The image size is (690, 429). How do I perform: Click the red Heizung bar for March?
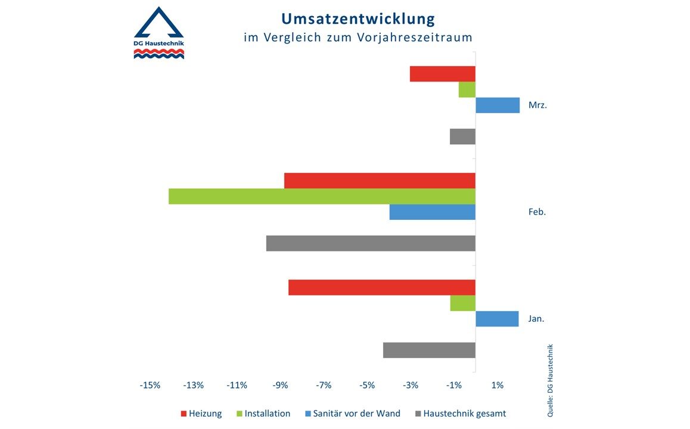pyautogui.click(x=443, y=74)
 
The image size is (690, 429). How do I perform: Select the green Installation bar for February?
pyautogui.click(x=322, y=196)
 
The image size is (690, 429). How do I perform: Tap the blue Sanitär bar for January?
pyautogui.click(x=497, y=319)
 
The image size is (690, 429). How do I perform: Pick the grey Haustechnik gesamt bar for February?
pyautogui.click(x=371, y=243)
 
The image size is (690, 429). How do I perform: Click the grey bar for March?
pyautogui.click(x=462, y=136)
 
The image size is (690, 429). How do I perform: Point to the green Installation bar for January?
pyautogui.click(x=463, y=303)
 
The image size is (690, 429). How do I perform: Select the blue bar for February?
pyautogui.click(x=433, y=212)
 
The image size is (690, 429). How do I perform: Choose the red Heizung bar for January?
pyautogui.click(x=382, y=287)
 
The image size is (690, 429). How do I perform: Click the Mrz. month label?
pyautogui.click(x=537, y=105)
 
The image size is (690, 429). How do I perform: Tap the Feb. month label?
pyautogui.click(x=537, y=212)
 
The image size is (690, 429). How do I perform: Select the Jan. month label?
pyautogui.click(x=536, y=319)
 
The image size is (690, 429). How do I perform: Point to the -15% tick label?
pyautogui.click(x=150, y=386)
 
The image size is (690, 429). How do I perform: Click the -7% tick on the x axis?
pyautogui.click(x=324, y=386)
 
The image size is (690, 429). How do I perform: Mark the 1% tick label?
pyautogui.click(x=498, y=386)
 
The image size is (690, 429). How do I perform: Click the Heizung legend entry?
pyautogui.click(x=201, y=414)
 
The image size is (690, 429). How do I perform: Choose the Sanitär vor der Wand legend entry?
pyautogui.click(x=352, y=414)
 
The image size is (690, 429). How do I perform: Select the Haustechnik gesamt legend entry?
pyautogui.click(x=461, y=414)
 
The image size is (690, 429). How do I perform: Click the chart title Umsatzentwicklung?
pyautogui.click(x=358, y=18)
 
